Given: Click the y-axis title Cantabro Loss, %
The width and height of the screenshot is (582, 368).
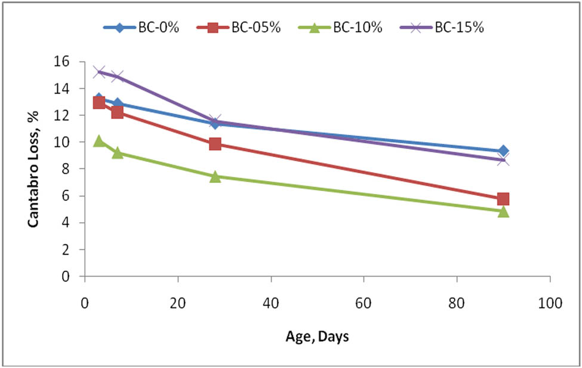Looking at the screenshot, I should [34, 169].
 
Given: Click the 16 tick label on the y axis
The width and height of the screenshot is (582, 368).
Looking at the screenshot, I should [63, 62].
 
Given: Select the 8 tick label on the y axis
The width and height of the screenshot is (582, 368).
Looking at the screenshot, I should [66, 169].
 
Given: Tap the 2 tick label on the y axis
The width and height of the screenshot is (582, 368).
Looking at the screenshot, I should [66, 250].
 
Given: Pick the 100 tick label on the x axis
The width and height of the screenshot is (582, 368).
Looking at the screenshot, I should [550, 303].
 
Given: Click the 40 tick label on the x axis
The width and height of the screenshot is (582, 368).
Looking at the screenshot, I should [271, 303].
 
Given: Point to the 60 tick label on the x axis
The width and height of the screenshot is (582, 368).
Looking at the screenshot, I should [364, 303].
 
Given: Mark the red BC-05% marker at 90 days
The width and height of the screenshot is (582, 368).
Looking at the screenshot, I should [503, 199].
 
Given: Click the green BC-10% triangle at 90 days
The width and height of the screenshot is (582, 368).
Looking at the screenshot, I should [503, 211].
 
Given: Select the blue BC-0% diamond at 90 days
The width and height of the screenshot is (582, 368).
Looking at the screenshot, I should [503, 151].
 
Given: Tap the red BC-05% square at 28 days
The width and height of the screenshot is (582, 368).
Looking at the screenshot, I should [215, 144].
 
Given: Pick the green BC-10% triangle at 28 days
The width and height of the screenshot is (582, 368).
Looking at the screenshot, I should [215, 177].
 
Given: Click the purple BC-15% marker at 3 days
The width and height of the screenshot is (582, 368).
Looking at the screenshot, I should [99, 72].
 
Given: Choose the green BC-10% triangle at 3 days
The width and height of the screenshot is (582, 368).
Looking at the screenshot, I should [99, 141].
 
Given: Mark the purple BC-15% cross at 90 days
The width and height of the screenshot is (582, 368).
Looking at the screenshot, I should [503, 160].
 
